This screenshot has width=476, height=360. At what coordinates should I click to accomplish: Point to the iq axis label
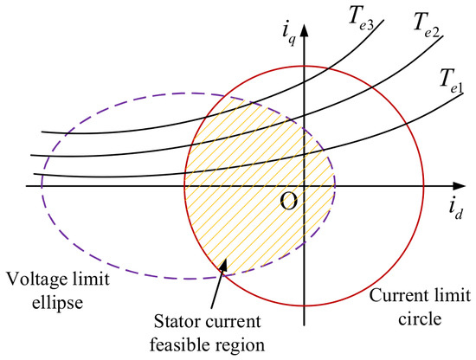[x=288, y=34]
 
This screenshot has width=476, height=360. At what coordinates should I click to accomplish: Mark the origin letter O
[x=288, y=202]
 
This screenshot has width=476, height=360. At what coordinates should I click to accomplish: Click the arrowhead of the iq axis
[x=305, y=29]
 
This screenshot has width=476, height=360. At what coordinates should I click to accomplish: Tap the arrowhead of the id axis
[x=459, y=186]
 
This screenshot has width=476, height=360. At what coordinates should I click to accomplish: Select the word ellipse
[x=57, y=302]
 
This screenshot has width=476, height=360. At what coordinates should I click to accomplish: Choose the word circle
[x=420, y=318]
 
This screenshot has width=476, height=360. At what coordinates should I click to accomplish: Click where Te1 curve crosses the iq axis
[x=305, y=156]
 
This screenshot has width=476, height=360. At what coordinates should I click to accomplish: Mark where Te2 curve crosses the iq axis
[x=305, y=116]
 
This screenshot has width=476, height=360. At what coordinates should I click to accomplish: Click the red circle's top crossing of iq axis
[x=305, y=66]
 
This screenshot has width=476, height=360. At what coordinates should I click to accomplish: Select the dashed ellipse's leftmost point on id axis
[x=42, y=186]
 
